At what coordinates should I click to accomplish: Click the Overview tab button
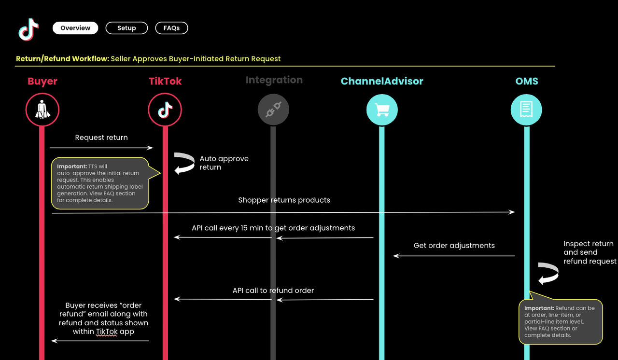click(x=75, y=28)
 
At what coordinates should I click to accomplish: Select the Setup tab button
click(x=126, y=28)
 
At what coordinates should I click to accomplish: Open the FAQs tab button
click(x=171, y=28)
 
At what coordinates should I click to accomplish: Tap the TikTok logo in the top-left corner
click(x=28, y=29)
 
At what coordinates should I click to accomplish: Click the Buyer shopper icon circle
click(x=42, y=110)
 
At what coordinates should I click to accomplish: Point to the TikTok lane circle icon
click(x=165, y=110)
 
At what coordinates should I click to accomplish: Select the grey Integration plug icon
click(x=273, y=110)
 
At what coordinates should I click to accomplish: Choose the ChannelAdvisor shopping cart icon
click(x=382, y=110)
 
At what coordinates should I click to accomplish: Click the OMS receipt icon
click(x=526, y=110)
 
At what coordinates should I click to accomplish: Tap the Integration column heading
click(x=274, y=80)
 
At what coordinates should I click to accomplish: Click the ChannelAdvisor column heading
click(x=382, y=81)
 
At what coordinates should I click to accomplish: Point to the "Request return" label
click(x=101, y=138)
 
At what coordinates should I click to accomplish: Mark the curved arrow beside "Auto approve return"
click(x=184, y=163)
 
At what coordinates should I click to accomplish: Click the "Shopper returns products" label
click(x=284, y=200)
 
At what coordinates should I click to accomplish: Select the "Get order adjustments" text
click(x=454, y=245)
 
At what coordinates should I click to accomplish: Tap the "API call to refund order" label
click(x=273, y=291)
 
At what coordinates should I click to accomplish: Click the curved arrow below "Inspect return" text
click(x=548, y=274)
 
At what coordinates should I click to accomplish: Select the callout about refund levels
click(x=560, y=321)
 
